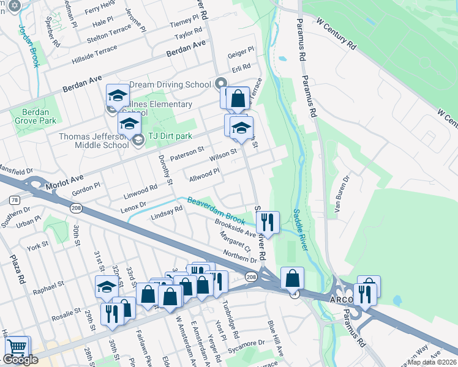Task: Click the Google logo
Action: [x=20, y=360]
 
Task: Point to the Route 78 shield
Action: [x=14, y=200]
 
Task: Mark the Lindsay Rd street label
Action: [x=167, y=213]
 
